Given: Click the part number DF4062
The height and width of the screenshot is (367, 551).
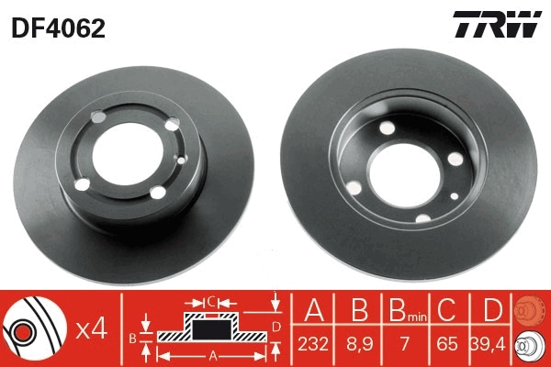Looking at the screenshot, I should (57, 28).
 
